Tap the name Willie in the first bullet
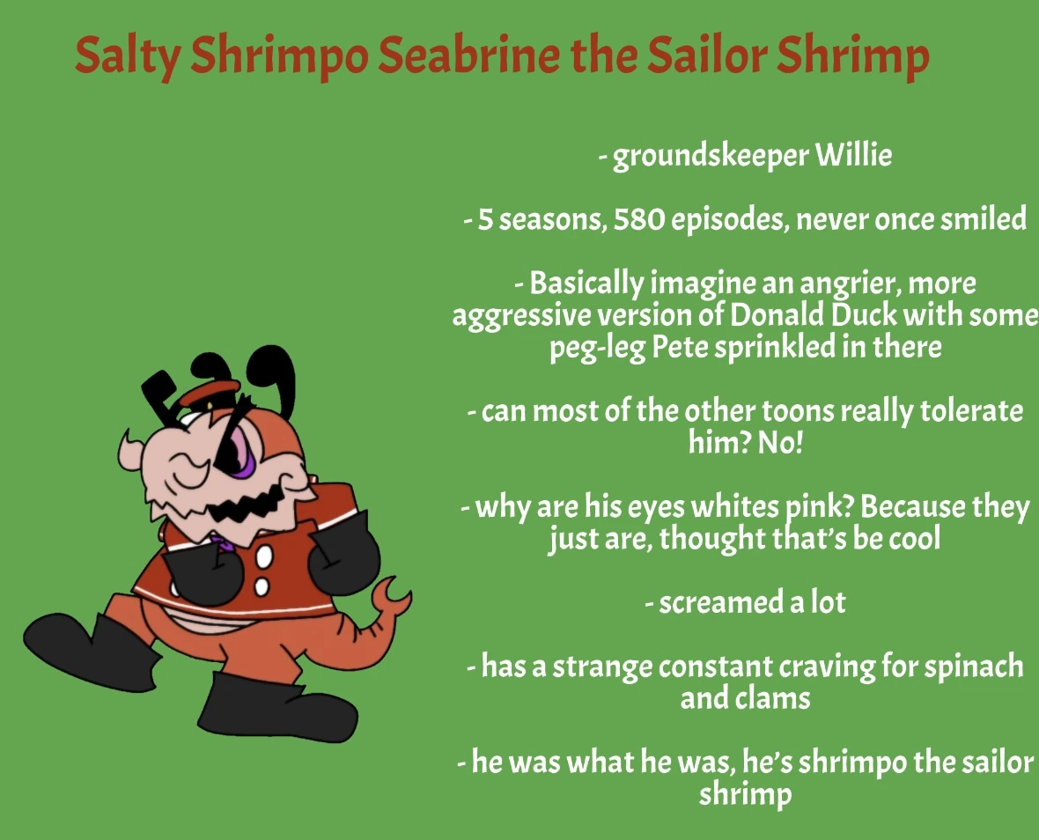point(853,155)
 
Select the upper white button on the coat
point(264,557)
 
